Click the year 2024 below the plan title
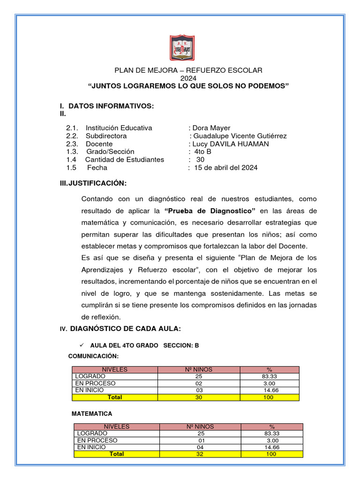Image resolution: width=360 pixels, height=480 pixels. (188, 78)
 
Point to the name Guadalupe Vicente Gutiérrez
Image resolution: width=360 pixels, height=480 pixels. (238, 136)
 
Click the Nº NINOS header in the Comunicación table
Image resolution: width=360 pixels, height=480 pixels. (199, 369)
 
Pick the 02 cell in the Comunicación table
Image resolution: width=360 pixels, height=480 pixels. (199, 383)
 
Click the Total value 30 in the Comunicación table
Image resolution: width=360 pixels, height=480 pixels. (199, 397)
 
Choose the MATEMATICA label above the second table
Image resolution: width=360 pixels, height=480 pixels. (91, 414)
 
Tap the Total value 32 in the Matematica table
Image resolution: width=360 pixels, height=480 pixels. (201, 454)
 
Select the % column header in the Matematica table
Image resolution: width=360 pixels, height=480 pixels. (272, 427)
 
